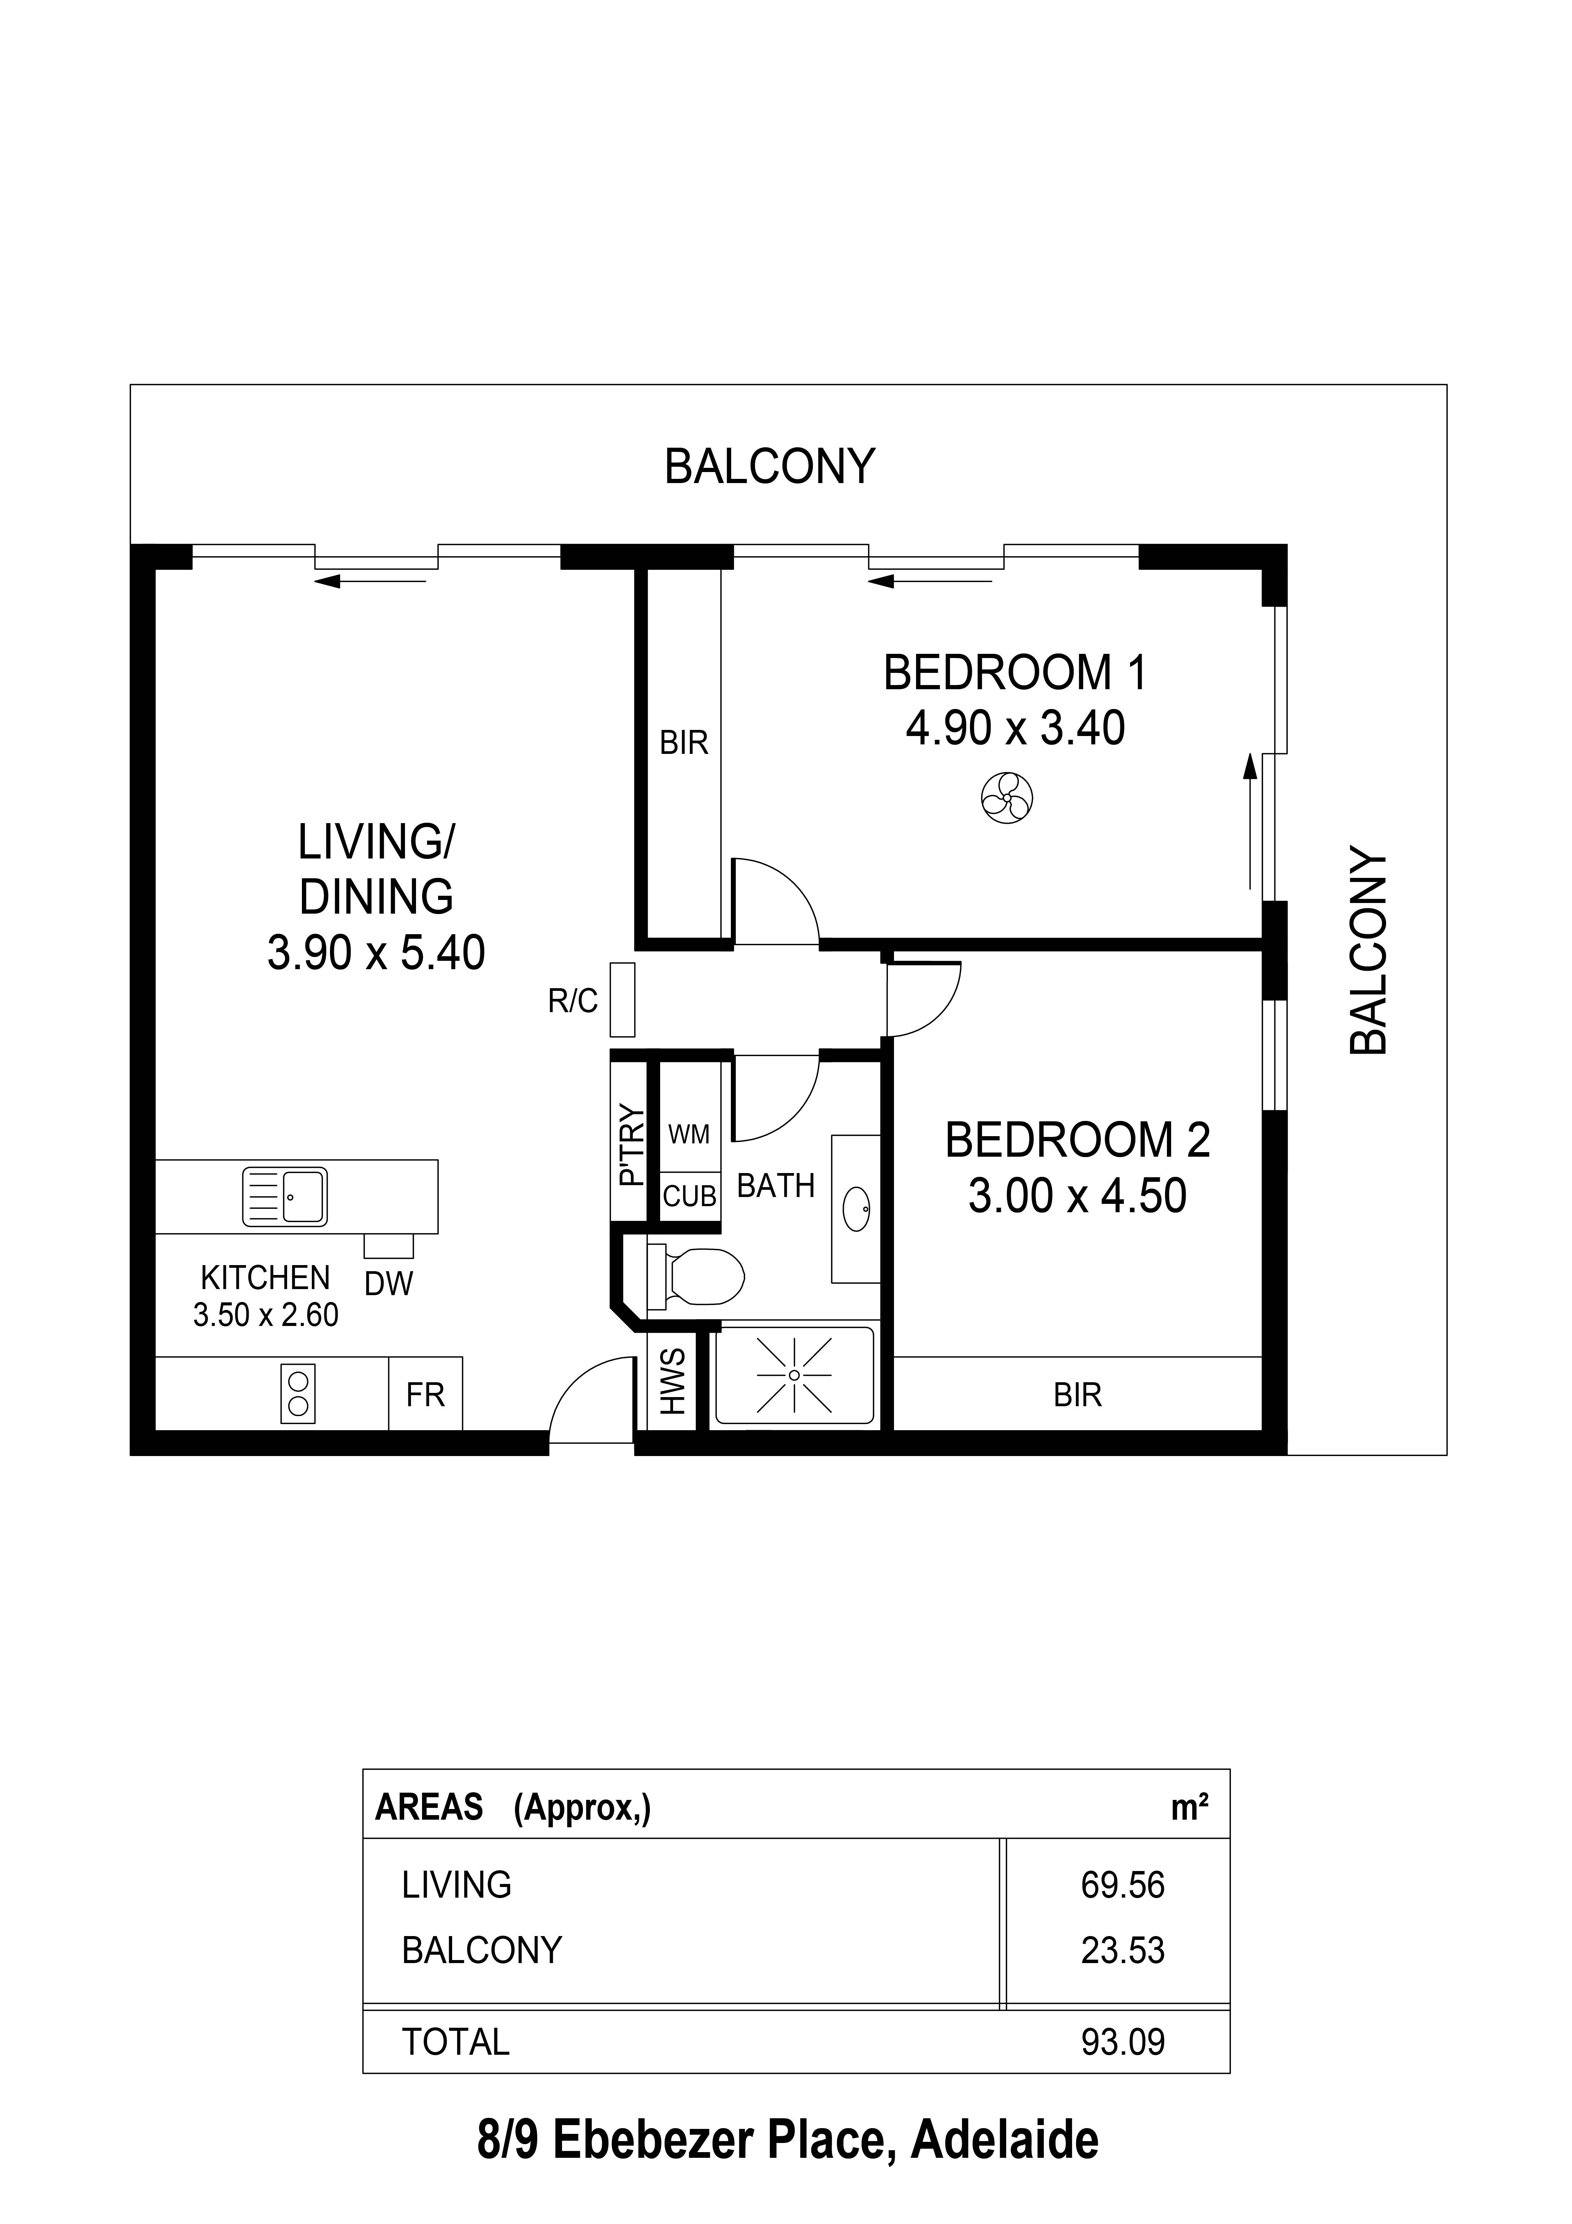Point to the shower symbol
[794, 1375]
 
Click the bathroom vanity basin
[857, 1209]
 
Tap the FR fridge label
[425, 1395]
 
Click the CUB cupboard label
[690, 1197]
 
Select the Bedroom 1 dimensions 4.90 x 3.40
[1015, 728]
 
